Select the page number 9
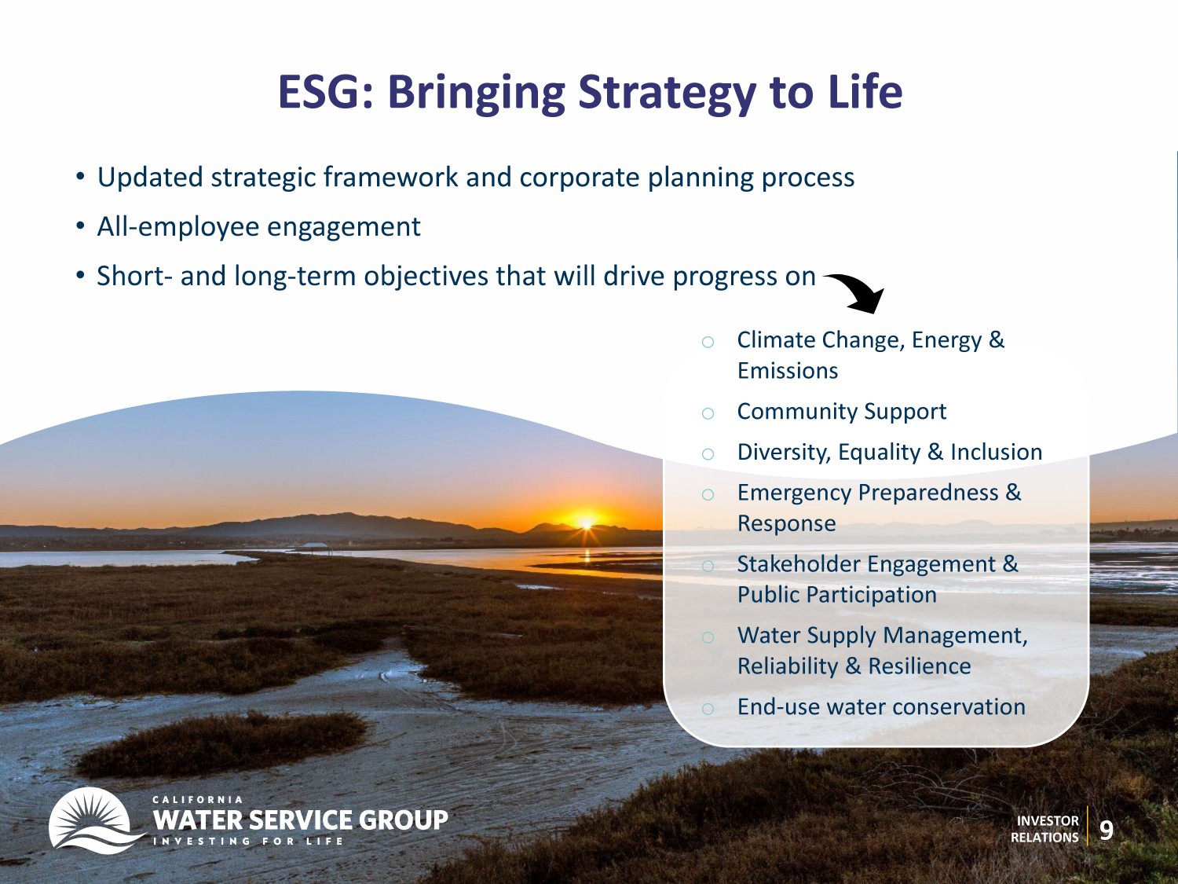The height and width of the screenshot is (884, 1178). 1106,830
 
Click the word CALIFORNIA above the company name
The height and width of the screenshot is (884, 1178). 197,799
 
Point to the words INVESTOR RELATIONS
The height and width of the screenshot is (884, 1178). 1044,829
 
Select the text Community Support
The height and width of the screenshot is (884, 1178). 842,412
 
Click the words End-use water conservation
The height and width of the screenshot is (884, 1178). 881,707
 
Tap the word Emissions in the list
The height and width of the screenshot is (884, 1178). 788,371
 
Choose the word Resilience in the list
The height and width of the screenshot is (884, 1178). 920,666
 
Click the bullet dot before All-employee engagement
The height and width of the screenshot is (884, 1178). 81,226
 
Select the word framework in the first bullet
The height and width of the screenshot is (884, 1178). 390,178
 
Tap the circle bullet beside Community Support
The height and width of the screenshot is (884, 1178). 708,413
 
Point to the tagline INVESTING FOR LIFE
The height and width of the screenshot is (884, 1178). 248,841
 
